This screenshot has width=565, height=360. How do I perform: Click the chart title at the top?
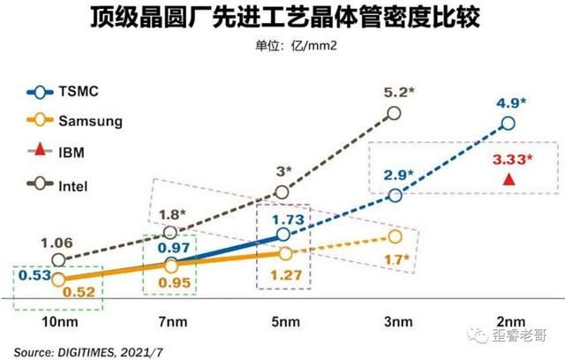tap(282, 19)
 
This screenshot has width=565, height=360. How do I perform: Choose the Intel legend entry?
tap(77, 186)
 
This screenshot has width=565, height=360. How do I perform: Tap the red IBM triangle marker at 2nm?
tap(508, 180)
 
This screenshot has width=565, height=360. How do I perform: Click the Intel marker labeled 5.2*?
tap(395, 112)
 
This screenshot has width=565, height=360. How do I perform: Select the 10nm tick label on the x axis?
tap(58, 323)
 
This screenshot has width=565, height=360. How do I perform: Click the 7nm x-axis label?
tap(171, 323)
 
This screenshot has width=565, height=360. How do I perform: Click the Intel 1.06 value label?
tap(57, 241)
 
